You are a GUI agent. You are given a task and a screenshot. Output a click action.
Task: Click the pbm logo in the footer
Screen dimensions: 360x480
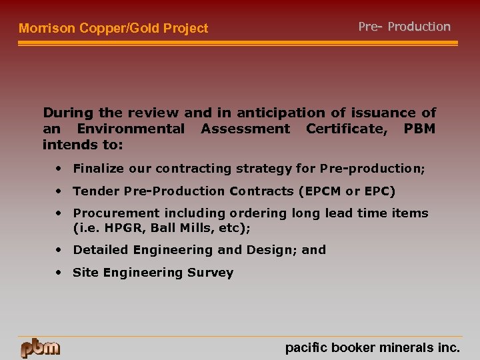click(40, 347)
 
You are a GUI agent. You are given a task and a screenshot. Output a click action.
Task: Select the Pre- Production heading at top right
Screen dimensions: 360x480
click(404, 27)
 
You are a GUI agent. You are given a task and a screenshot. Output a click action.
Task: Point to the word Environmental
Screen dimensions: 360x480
click(131, 128)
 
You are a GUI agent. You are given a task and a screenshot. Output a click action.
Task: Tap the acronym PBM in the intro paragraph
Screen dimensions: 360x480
click(419, 128)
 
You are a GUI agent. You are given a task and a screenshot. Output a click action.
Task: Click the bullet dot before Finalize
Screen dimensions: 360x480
click(60, 168)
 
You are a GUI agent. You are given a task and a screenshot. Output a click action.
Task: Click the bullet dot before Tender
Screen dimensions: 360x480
click(60, 191)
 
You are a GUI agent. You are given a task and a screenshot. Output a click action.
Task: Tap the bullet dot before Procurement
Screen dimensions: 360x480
click(60, 213)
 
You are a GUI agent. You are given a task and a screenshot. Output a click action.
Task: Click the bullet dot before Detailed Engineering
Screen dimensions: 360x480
click(60, 249)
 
